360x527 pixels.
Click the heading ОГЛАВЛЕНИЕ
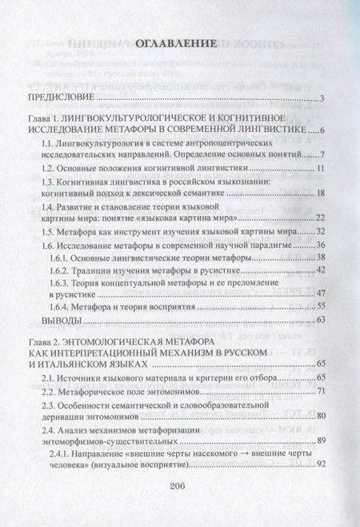[x=179, y=56]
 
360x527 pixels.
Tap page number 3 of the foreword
[x=319, y=99]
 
